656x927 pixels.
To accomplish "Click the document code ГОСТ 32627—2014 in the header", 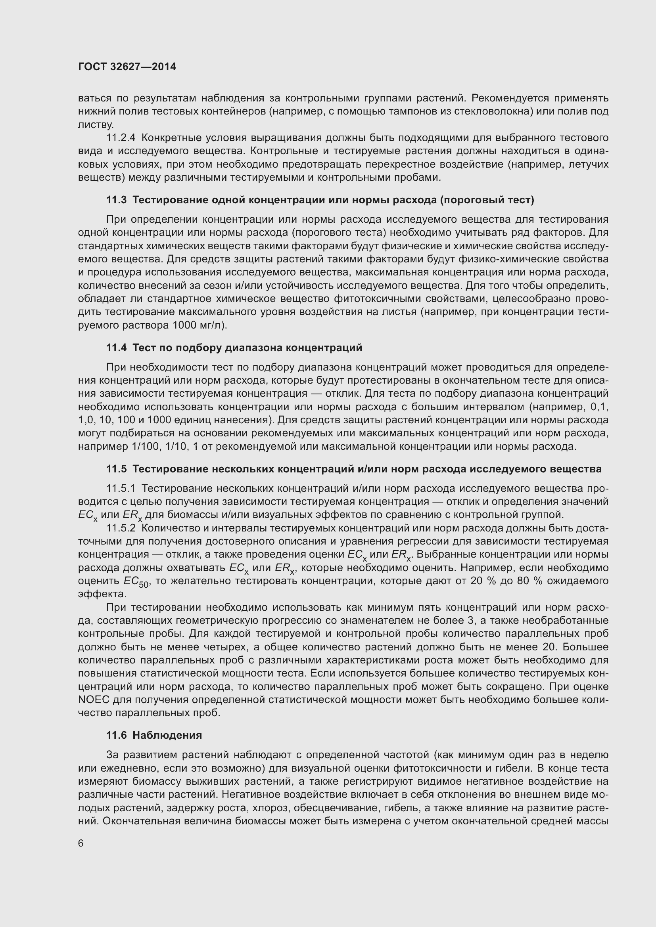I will tap(127, 67).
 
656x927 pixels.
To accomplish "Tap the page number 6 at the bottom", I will tap(81, 843).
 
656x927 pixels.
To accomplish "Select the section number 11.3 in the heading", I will tap(116, 200).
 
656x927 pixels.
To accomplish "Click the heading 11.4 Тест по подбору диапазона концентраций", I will tap(234, 348).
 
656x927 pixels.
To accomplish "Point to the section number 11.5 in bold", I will tap(116, 469).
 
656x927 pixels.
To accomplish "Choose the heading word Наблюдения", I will tap(167, 735).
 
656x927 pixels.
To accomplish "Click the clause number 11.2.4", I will tap(121, 138).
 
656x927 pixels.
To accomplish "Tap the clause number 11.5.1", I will tap(121, 489).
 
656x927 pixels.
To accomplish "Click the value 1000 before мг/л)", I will tap(185, 325).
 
